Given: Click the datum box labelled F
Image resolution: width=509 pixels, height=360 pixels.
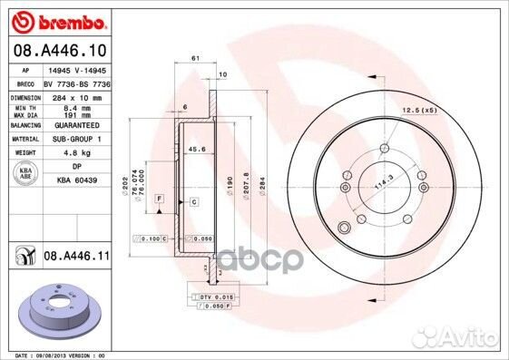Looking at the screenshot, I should coord(159,197).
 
